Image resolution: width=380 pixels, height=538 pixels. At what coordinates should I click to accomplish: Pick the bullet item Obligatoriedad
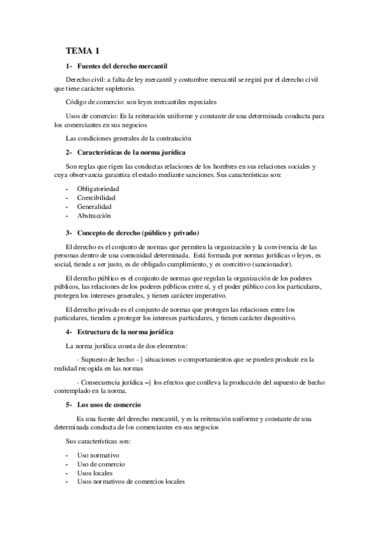pyautogui.click(x=99, y=189)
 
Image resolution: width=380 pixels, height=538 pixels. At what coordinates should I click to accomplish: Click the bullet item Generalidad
pyautogui.click(x=95, y=207)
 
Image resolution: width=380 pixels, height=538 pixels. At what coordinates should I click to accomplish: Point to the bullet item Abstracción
pyautogui.click(x=94, y=216)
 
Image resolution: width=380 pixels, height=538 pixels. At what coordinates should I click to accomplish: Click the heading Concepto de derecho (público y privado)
pyautogui.click(x=138, y=232)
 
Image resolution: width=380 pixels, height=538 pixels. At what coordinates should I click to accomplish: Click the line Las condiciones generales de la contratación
pyautogui.click(x=128, y=138)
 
